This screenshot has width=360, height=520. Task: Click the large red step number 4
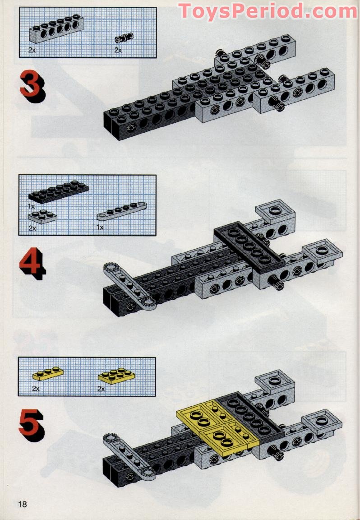32,263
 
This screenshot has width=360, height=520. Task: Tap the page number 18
23,504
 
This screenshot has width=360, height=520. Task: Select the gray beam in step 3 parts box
56,29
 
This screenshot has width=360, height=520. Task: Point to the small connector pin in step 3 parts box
124,38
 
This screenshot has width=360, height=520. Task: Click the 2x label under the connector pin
118,51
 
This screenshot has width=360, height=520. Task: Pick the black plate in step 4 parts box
58,192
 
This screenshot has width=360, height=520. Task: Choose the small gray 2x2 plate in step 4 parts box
42,217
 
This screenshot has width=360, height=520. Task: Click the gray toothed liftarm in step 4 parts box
122,211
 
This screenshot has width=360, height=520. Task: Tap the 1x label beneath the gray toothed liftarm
100,227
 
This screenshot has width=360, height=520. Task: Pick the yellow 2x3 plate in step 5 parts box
116,376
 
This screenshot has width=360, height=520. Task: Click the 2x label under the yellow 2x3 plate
101,389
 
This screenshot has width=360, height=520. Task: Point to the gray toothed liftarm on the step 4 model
130,286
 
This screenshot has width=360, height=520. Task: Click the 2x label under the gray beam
32,51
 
